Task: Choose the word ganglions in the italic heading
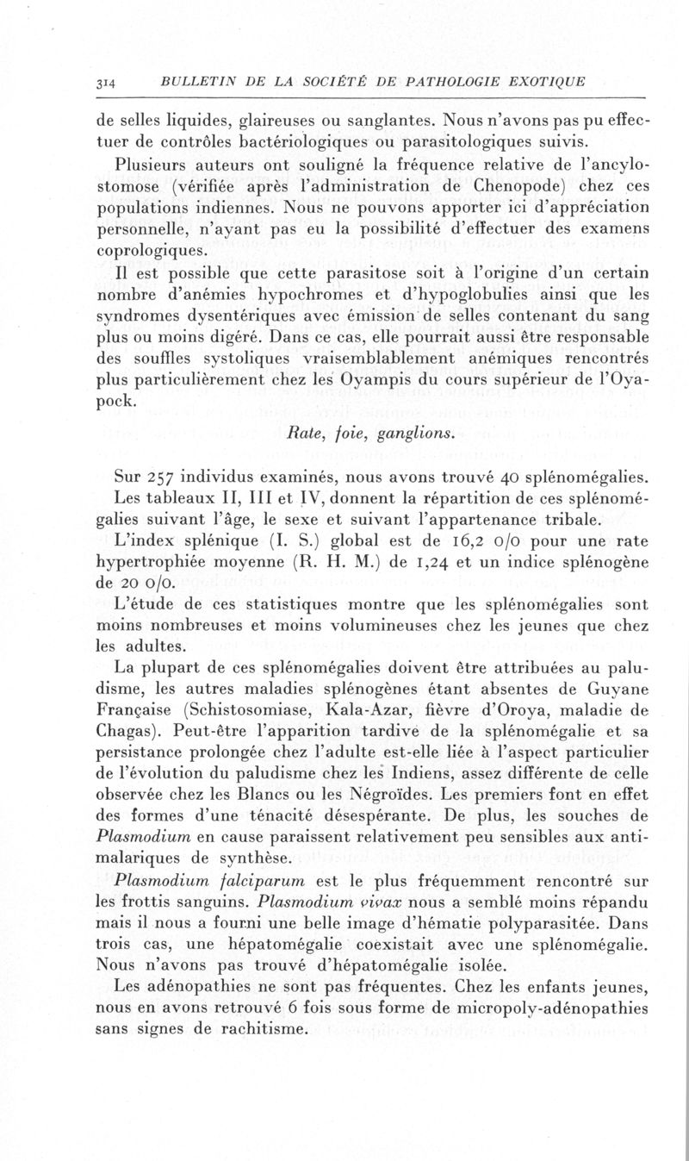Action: coord(410,433)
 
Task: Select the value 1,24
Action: coord(426,565)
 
